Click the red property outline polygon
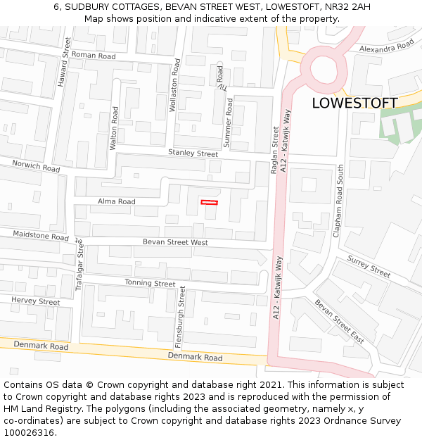[209, 203]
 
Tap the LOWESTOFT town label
[354, 103]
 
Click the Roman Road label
[94, 56]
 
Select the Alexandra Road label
[386, 46]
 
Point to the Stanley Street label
[193, 153]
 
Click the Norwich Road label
[36, 167]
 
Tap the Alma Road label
[116, 201]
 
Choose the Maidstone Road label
[41, 235]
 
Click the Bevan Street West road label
[175, 242]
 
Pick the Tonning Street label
[150, 283]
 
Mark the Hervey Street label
[36, 301]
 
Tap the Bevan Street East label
[339, 321]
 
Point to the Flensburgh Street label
[179, 317]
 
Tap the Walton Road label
[114, 127]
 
